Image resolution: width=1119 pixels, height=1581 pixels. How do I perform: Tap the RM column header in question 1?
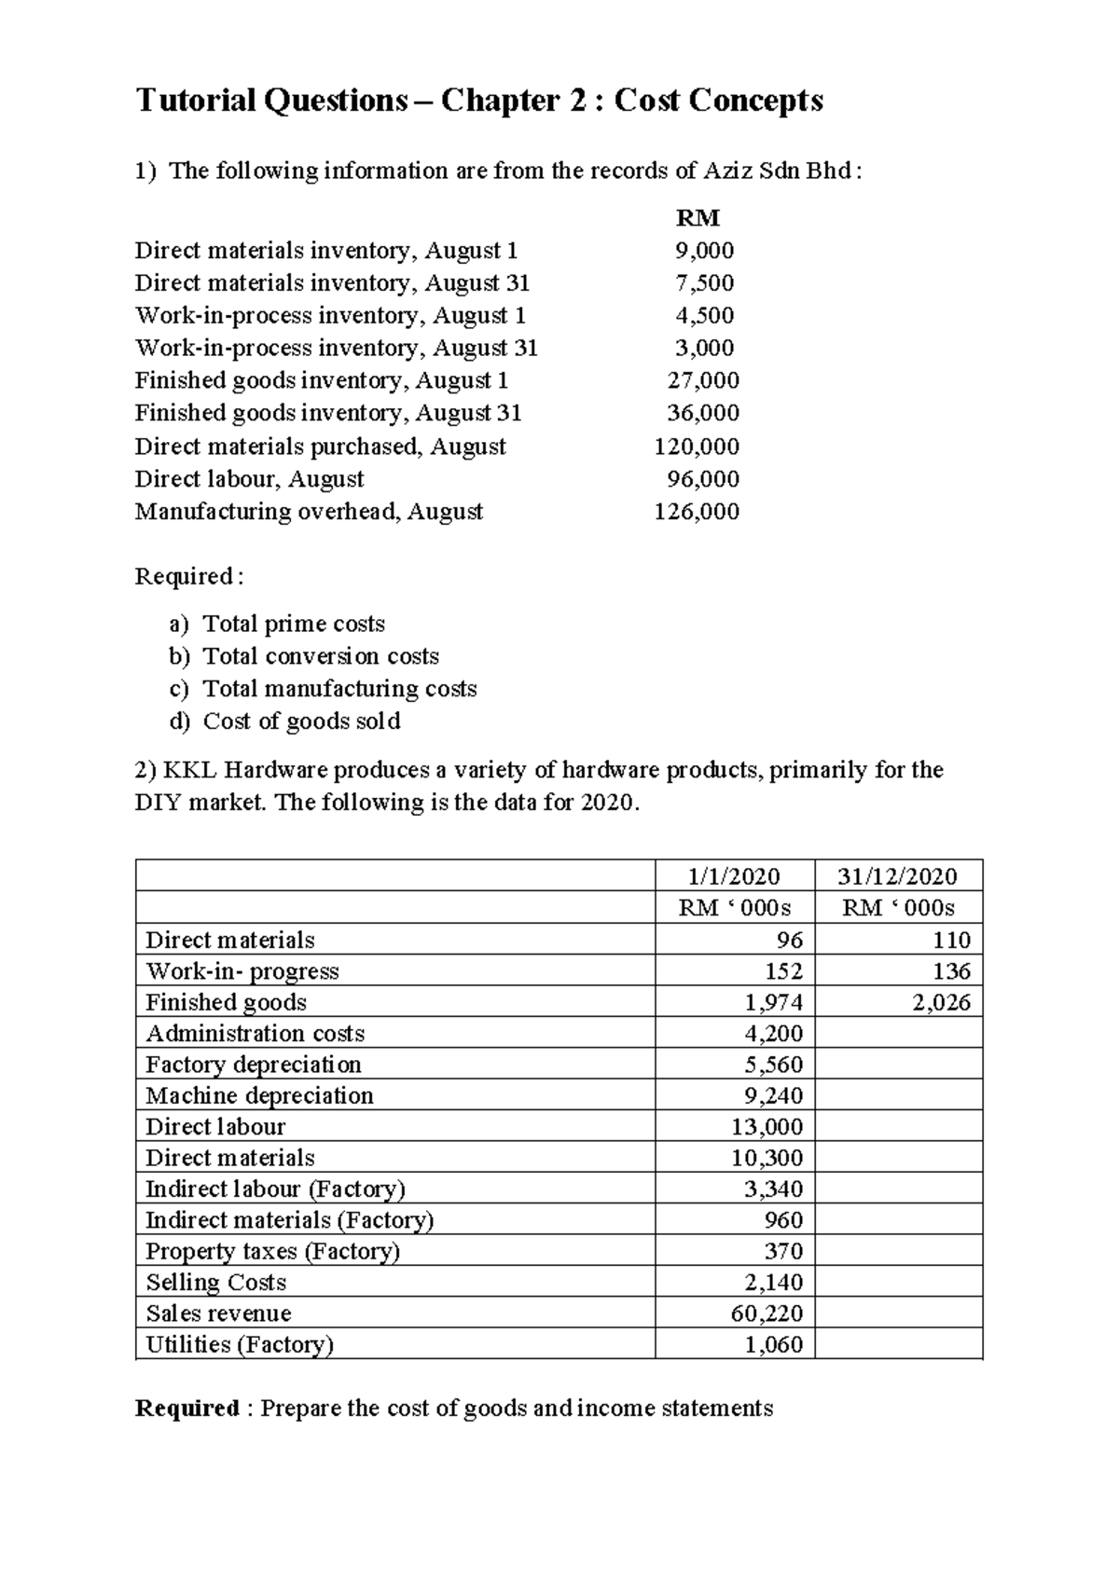698,218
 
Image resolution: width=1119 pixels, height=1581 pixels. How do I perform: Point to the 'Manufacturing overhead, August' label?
309,511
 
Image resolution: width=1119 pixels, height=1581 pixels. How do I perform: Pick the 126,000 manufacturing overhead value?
697,511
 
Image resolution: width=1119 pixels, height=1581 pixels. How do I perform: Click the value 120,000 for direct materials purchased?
697,446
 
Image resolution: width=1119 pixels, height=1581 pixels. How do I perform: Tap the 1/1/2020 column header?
734,875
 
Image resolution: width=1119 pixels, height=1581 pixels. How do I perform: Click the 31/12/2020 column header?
897,875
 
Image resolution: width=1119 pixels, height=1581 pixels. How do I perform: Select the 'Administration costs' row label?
255,1033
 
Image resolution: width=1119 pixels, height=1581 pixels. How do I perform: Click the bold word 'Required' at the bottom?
187,1408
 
